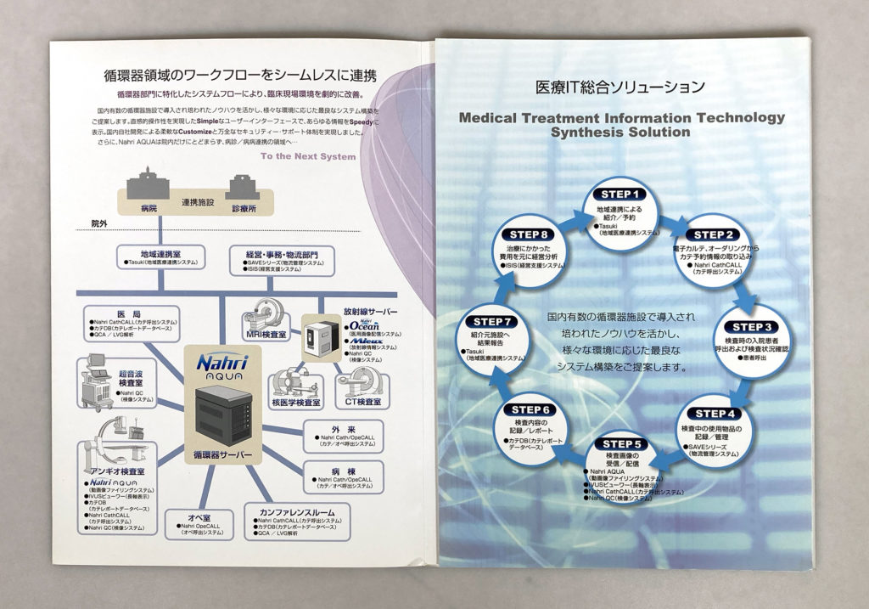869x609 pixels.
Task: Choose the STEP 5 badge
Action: (626, 443)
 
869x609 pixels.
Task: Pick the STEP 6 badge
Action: (531, 410)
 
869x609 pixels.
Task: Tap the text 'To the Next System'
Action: (308, 156)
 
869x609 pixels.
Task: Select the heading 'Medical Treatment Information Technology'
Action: (622, 118)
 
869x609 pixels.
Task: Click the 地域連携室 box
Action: (161, 257)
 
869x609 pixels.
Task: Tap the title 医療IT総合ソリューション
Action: (620, 86)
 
